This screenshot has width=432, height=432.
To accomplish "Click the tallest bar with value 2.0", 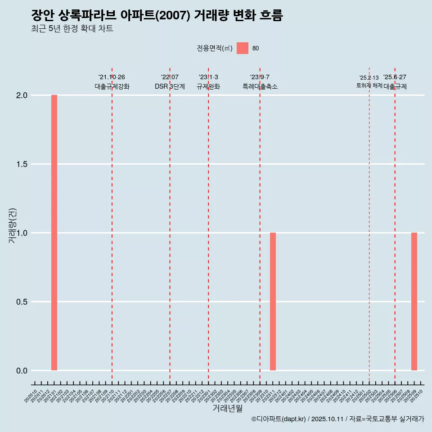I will tap(54, 233).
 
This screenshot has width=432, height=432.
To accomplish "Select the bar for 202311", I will tap(273, 301).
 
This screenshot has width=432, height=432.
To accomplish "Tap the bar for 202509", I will tap(414, 301).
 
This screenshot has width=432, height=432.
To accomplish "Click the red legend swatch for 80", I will tap(243, 48).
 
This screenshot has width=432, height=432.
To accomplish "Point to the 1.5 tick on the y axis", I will tap(22, 164).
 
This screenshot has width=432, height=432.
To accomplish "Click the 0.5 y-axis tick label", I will tap(22, 302).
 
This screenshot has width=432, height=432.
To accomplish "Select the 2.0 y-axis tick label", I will tap(22, 95).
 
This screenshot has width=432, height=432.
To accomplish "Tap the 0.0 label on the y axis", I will tap(22, 371).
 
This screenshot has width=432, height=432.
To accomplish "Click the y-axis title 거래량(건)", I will tap(13, 225).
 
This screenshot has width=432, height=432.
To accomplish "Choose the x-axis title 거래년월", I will tap(227, 408).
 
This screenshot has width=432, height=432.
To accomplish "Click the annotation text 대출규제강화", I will tap(112, 86).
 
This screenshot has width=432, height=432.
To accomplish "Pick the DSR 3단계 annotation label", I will tap(170, 86).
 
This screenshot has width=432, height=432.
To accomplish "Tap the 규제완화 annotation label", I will tap(208, 86).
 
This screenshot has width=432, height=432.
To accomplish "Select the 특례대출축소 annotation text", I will tap(260, 86).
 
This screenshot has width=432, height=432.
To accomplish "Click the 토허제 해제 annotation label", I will tap(369, 85).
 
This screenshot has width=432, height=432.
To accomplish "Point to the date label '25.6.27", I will tap(395, 77).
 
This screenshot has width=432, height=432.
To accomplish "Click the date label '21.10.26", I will tap(112, 77).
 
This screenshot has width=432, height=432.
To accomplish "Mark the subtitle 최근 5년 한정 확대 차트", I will tap(72, 29).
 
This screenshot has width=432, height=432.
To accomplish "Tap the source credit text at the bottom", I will tap(337, 419).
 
